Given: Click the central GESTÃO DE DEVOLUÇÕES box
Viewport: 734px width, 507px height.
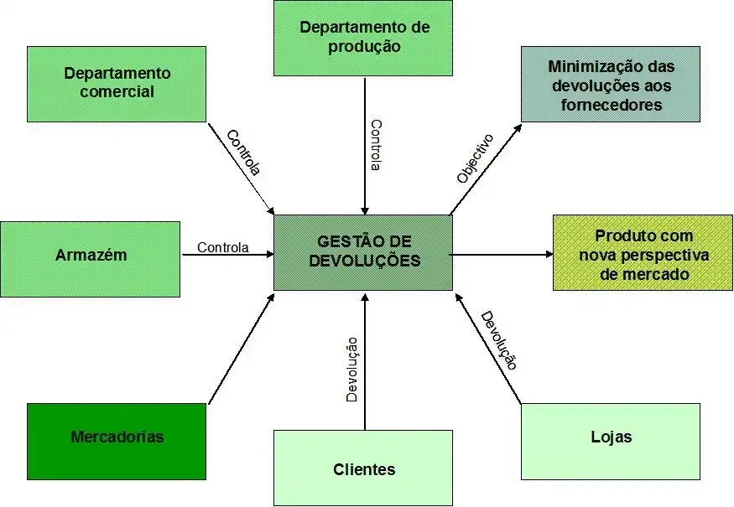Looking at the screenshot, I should click(x=362, y=252).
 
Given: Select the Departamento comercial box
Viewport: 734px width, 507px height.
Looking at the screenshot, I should click(x=117, y=84).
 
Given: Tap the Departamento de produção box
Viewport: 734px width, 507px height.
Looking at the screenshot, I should click(x=363, y=38).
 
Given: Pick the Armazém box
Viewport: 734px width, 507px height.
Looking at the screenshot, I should click(x=91, y=258).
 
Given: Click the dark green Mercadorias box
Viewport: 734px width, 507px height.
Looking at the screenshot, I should click(x=117, y=441).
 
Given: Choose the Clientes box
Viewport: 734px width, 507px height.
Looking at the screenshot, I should click(x=363, y=468).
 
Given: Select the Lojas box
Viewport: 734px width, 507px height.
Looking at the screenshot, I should click(x=610, y=441).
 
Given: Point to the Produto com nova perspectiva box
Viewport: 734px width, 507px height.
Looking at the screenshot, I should click(x=643, y=253).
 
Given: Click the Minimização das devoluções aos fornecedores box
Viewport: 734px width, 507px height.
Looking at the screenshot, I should click(x=610, y=84).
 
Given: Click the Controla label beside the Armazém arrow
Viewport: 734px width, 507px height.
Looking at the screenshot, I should click(x=222, y=247).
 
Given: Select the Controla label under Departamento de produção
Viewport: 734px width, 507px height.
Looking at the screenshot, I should click(x=377, y=145).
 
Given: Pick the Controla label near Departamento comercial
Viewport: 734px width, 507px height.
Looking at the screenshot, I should click(x=244, y=152).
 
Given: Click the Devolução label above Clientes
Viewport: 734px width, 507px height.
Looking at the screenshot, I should click(x=352, y=370).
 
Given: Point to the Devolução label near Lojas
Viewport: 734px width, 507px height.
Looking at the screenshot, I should click(x=498, y=340).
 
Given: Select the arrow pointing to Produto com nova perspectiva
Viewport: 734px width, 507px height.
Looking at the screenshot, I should click(x=502, y=254).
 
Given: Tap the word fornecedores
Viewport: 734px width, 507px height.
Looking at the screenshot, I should click(x=611, y=106).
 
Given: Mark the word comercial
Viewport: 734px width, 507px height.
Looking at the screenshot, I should click(x=117, y=92).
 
